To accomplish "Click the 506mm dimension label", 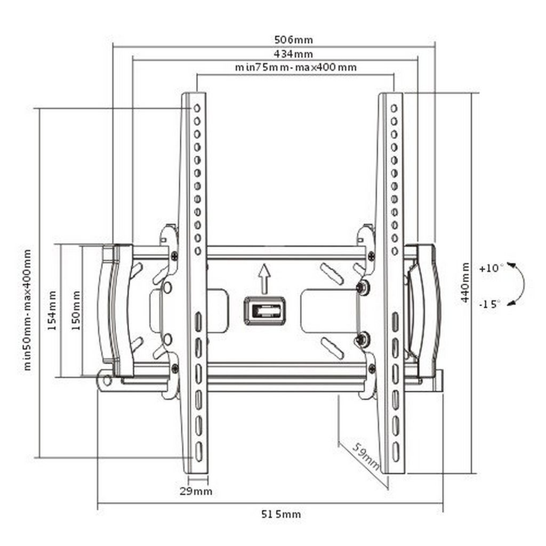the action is (x=294, y=39).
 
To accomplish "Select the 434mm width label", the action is (x=293, y=54).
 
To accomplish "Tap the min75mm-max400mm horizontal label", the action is (x=295, y=67).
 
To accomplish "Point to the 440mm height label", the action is (x=465, y=283).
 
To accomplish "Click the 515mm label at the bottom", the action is (x=281, y=514).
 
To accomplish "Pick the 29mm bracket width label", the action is (x=196, y=491).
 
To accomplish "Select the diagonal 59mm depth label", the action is (x=365, y=456).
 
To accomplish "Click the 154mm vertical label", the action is (x=52, y=311).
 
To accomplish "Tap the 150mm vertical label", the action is (x=76, y=311).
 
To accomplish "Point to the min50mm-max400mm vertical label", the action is (x=27, y=310).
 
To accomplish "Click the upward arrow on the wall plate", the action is (x=264, y=278).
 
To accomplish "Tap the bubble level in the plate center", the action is (x=264, y=311).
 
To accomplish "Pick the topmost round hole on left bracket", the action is (x=197, y=108).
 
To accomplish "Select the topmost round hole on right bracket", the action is (x=394, y=108).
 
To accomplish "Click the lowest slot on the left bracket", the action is (x=198, y=452).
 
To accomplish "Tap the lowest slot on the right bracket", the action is (x=396, y=452).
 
